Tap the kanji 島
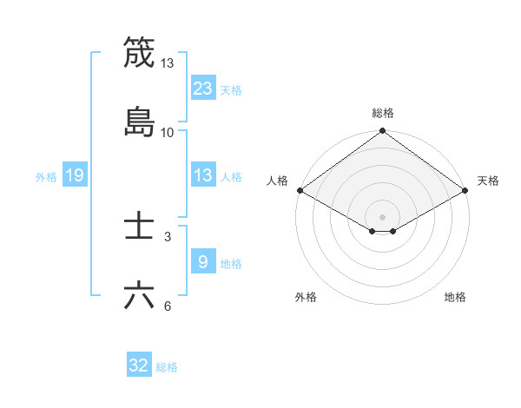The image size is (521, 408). (139, 122)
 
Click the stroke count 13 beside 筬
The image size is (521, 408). (168, 63)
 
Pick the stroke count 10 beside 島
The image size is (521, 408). (168, 132)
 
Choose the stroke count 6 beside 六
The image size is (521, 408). (168, 306)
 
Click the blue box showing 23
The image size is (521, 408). (203, 88)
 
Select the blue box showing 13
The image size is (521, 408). (203, 175)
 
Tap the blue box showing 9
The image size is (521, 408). (203, 261)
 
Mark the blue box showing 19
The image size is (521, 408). (75, 175)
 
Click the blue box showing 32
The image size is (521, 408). (139, 365)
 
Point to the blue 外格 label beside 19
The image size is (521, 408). (46, 177)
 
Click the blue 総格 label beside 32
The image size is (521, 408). (167, 367)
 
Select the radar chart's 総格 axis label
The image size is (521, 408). (383, 113)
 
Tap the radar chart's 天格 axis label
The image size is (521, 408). (488, 181)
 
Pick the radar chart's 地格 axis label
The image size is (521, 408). (455, 297)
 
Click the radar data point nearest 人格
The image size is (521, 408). (299, 190)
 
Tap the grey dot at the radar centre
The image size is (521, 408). (383, 216)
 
